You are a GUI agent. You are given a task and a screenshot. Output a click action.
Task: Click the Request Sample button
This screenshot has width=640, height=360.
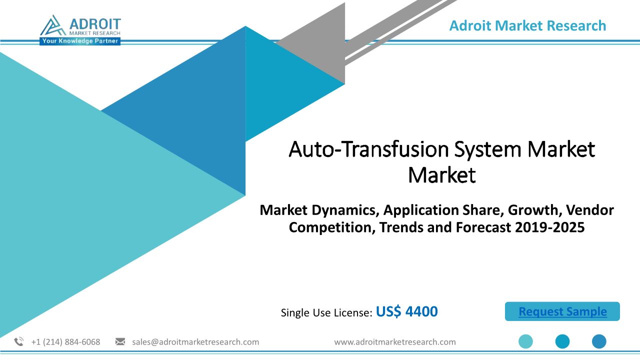click(x=562, y=311)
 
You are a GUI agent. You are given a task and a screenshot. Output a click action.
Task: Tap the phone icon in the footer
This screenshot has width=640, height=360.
click(x=19, y=341)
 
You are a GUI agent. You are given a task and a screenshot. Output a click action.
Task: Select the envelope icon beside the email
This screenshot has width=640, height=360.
click(x=120, y=341)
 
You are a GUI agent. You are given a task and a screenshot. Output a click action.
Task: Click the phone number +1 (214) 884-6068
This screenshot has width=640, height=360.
click(x=65, y=342)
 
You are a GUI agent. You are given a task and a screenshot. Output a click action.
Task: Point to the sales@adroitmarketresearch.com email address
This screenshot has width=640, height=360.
click(x=195, y=342)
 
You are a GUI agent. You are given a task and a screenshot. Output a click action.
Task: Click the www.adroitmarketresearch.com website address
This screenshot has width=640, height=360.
click(x=395, y=342)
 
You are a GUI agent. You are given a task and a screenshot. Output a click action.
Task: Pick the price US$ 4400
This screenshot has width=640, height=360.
click(x=406, y=311)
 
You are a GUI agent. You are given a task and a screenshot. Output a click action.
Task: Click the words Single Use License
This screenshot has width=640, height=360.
click(x=326, y=312)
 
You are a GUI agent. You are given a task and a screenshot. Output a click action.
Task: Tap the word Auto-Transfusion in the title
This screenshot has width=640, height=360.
click(x=368, y=149)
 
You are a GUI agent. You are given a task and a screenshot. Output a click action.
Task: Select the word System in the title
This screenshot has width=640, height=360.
click(x=487, y=150)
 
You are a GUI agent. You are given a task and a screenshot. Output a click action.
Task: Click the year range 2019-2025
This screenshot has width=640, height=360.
click(x=549, y=227)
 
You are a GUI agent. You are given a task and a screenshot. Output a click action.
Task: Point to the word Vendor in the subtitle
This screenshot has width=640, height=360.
click(x=589, y=210)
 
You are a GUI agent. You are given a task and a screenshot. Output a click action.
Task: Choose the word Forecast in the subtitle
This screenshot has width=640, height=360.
click(x=483, y=227)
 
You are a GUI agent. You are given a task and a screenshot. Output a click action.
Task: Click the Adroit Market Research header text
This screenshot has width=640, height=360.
click(x=527, y=25)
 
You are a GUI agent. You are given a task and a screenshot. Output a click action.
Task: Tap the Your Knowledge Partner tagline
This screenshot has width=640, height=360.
click(x=80, y=41)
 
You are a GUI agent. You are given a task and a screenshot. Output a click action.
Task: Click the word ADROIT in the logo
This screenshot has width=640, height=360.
click(x=95, y=24)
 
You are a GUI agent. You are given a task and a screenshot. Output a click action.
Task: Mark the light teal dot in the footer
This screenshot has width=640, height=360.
click(x=525, y=341)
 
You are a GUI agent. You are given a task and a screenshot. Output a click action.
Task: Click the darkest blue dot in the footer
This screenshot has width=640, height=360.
click(x=599, y=341)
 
